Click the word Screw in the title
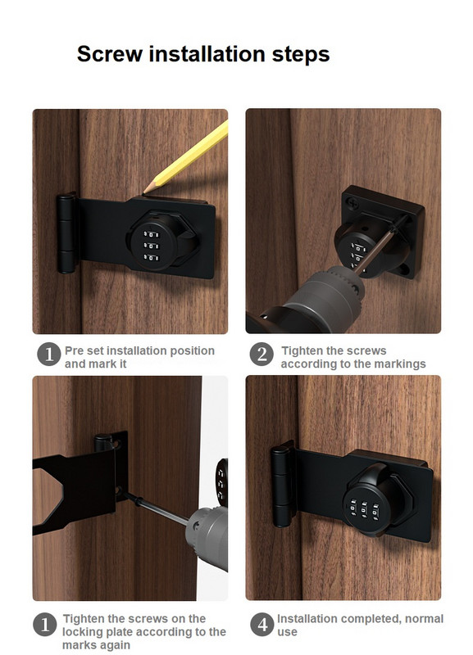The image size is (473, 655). point(110,54)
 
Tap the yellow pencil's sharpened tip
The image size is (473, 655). point(144,192)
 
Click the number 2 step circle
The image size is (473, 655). point(262,355)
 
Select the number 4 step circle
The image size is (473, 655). point(262,625)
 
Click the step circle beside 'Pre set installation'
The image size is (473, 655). point(49,355)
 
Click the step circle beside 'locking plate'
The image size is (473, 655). point(45,625)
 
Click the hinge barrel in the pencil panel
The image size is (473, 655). point(66,233)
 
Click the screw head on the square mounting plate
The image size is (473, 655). point(354,203)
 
